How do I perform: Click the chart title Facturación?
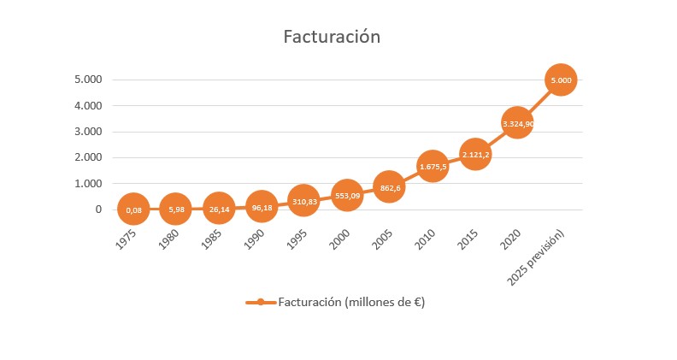pyautogui.click(x=332, y=38)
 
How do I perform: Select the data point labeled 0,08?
pyautogui.click(x=133, y=209)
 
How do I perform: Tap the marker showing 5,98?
pyautogui.click(x=175, y=209)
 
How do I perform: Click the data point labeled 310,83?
pyautogui.click(x=303, y=201)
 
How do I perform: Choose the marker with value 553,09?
pyautogui.click(x=346, y=195)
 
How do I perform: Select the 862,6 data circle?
pyautogui.click(x=389, y=186)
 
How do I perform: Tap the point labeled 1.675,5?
pyautogui.click(x=433, y=166)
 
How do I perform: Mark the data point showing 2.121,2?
pyautogui.click(x=475, y=155)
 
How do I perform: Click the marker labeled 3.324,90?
pyautogui.click(x=518, y=124)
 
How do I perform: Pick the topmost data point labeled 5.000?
pyautogui.click(x=561, y=80)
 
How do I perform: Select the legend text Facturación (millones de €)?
pyautogui.click(x=352, y=302)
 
